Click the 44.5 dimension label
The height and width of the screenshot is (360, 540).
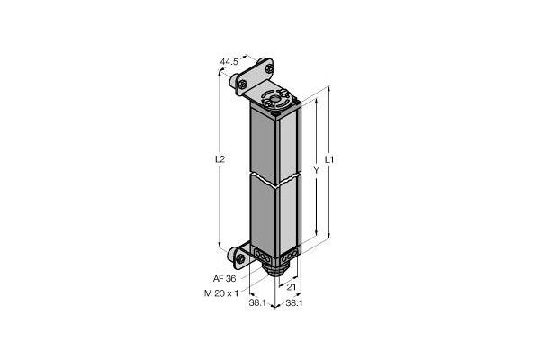click(x=229, y=62)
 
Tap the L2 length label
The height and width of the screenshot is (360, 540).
click(x=220, y=159)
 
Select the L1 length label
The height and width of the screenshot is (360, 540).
click(x=329, y=159)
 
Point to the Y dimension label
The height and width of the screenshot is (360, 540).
click(x=316, y=169)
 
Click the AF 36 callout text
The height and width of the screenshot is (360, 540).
click(x=224, y=278)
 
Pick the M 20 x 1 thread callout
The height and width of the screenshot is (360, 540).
click(x=221, y=293)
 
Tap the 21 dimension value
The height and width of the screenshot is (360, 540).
click(x=292, y=287)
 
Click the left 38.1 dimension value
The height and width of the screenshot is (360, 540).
click(x=257, y=303)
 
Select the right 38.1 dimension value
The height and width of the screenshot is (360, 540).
click(x=293, y=303)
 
